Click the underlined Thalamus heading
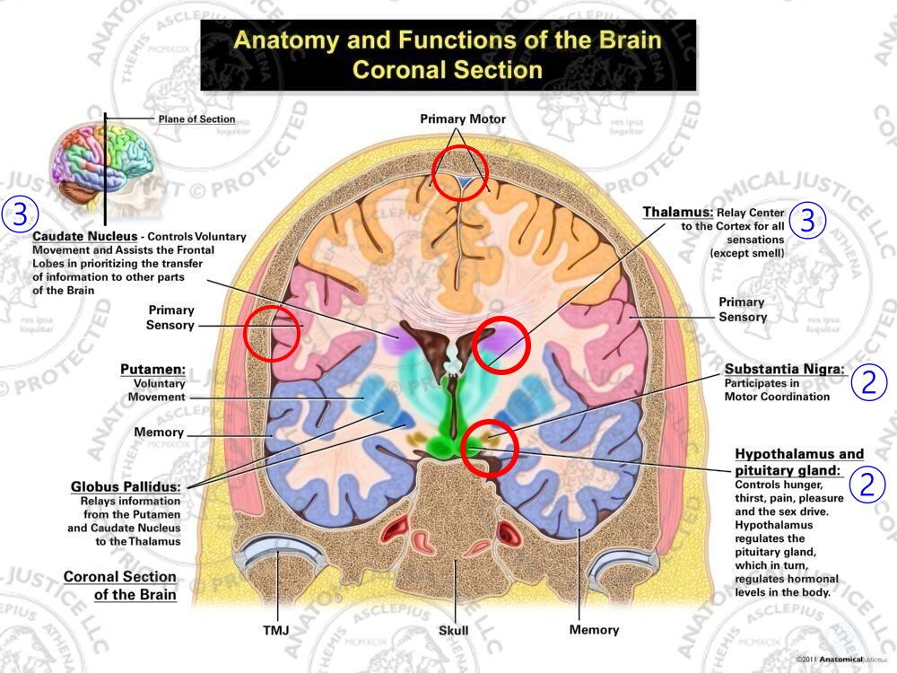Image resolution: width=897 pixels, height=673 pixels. coord(678,213)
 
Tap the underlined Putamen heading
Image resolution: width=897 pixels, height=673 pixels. coord(153,369)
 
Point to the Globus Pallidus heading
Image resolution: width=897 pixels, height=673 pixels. coord(126,486)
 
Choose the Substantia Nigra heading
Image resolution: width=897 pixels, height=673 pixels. coord(785,369)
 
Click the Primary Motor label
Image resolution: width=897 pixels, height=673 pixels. coord(463,119)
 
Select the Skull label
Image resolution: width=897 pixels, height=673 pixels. coord(453,631)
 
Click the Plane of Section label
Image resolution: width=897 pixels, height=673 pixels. coord(197,119)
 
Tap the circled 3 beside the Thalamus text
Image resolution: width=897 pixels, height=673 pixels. coord(807,221)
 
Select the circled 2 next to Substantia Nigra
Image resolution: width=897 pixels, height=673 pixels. coord(867,383)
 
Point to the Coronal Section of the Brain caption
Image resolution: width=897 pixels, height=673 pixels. coord(119,585)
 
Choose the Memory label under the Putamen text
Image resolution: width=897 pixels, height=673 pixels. coord(159,433)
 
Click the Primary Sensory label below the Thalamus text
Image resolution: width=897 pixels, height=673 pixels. coord(742,310)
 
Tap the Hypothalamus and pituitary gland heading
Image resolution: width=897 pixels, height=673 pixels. coord(799,461)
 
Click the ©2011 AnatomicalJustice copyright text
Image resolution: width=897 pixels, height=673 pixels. coord(840,660)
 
